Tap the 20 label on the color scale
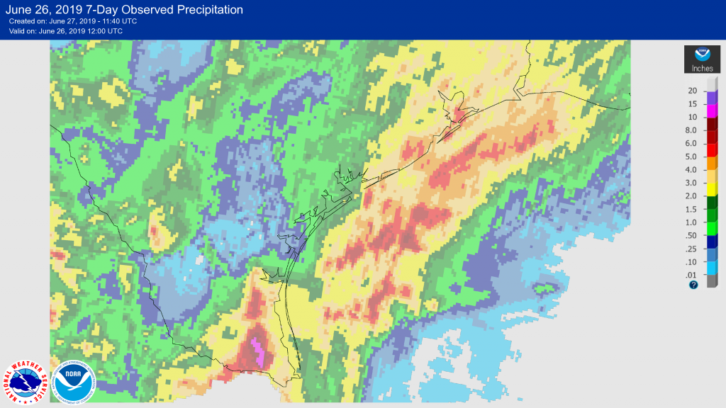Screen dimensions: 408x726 692,91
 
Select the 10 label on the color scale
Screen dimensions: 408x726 692,117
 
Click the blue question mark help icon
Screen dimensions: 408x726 693,285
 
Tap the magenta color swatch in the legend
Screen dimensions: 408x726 713,110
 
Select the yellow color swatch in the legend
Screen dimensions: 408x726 713,188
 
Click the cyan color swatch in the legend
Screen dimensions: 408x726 713,267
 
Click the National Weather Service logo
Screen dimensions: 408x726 26,382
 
